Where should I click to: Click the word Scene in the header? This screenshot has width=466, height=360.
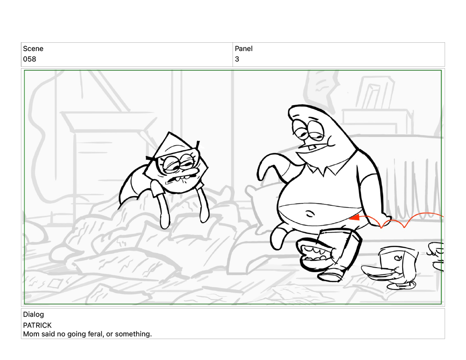coord(33,48)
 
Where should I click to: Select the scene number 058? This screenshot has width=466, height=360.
coord(30,59)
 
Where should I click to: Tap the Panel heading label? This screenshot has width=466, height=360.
coord(244,48)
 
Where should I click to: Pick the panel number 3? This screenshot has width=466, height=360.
coord(237,59)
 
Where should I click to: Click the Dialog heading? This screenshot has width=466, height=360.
coord(33,314)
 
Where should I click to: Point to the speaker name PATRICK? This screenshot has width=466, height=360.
coord(37,325)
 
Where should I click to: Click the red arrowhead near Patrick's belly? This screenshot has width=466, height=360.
coord(355,218)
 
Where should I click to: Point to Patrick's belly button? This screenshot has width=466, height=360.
coord(310,213)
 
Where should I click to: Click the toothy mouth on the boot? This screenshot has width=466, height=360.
coord(314,254)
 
